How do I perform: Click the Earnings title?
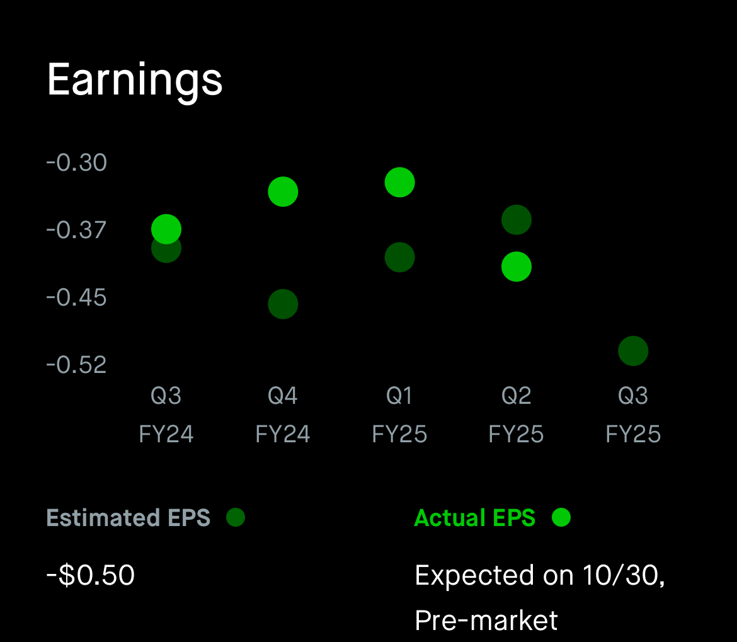(x=135, y=80)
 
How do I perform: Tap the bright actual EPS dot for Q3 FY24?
(x=166, y=228)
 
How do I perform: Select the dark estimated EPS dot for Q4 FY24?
(x=283, y=304)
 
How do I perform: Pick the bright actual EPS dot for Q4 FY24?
(x=283, y=192)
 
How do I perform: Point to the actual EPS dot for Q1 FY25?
(x=399, y=182)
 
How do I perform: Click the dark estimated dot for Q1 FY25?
(x=399, y=257)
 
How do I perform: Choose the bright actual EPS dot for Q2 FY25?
(x=517, y=267)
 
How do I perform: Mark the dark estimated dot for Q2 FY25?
(x=517, y=220)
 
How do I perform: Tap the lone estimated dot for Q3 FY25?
(x=633, y=351)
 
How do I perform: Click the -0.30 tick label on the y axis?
(x=77, y=163)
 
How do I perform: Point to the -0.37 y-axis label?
(x=77, y=230)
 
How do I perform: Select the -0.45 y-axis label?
(x=77, y=297)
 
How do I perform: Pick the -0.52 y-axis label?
(x=77, y=365)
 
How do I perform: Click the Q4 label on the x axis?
(x=283, y=396)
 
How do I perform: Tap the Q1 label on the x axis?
(x=399, y=396)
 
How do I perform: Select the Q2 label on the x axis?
(x=517, y=396)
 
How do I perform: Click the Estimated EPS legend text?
(x=129, y=518)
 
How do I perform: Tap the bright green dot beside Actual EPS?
(x=561, y=517)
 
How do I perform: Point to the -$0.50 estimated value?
(x=91, y=575)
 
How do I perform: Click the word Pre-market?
(x=486, y=620)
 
